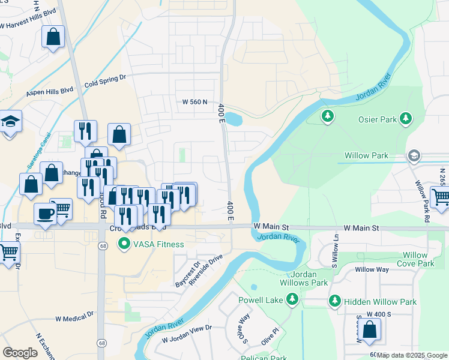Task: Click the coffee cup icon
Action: tap(45, 214)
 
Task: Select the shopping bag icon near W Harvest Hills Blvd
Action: tap(53, 38)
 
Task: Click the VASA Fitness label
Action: tap(151, 244)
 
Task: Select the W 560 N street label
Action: tap(194, 102)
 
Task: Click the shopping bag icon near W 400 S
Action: tap(370, 329)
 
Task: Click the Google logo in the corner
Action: tap(20, 353)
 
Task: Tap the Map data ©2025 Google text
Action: tap(412, 356)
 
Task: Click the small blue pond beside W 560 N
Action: tap(234, 119)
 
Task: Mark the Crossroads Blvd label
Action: tap(137, 229)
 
